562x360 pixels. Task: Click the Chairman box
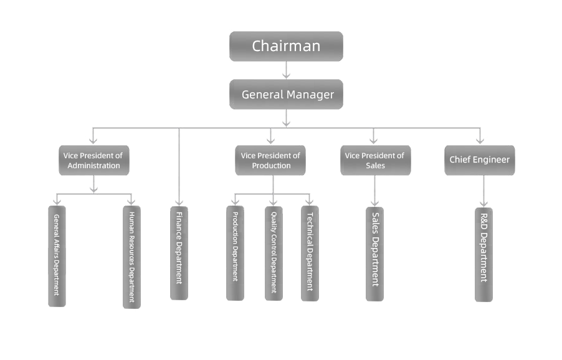point(286,46)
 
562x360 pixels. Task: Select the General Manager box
point(286,94)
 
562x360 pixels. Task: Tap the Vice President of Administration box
point(94,160)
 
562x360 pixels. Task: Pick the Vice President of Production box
point(270,160)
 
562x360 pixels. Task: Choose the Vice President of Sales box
point(375,160)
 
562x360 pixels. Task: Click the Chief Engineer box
point(480,160)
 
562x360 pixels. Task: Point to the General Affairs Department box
point(57,256)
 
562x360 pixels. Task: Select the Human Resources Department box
point(131,257)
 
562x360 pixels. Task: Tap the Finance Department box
point(179,253)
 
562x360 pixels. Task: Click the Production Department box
point(235,253)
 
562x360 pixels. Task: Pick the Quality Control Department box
point(274,253)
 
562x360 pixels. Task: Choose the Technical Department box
point(310,253)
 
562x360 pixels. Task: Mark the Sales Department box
point(374,254)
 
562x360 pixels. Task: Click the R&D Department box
point(483,255)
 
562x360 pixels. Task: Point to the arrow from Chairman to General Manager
point(286,70)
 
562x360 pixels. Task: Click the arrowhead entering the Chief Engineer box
point(480,141)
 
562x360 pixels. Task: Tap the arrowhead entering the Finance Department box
point(179,203)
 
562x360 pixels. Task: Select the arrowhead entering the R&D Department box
point(483,204)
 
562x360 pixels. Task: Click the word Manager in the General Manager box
point(310,95)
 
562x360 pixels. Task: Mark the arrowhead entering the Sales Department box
point(374,203)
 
